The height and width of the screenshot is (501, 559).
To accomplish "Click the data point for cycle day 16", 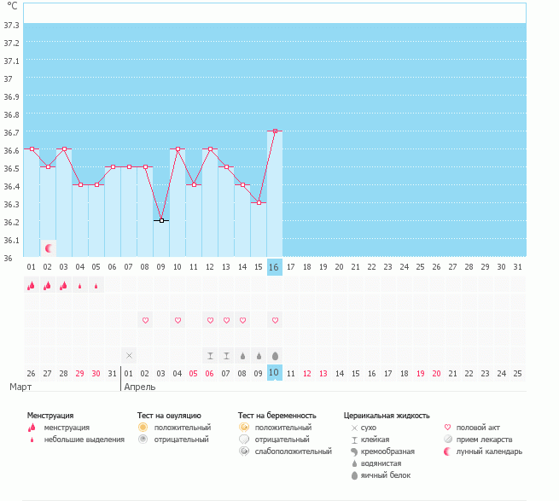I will tap(274, 131).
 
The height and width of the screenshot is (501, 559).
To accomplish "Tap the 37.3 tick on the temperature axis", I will tap(12, 26).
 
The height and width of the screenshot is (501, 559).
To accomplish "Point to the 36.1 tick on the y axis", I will tap(12, 240).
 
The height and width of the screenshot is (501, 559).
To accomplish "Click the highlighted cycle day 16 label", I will tap(274, 267).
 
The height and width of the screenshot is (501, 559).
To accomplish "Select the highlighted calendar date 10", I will tap(274, 373).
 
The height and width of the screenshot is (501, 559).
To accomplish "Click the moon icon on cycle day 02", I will tap(49, 248).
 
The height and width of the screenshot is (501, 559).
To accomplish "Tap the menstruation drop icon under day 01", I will tap(32, 286).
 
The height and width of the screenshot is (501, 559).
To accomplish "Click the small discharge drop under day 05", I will tap(96, 286).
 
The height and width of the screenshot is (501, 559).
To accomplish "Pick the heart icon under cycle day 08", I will tap(145, 320).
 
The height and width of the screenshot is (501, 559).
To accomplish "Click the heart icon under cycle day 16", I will tap(275, 320).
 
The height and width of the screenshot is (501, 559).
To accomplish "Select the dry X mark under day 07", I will tap(129, 355).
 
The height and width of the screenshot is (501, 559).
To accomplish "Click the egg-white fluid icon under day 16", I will tap(275, 355).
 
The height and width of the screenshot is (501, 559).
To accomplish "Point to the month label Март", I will tap(20, 387).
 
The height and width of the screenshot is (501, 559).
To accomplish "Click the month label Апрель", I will tap(140, 387).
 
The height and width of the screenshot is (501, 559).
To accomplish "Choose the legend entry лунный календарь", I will tap(489, 451).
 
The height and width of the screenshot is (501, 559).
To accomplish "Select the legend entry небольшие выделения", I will tap(84, 440).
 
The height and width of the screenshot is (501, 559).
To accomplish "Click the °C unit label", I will tap(12, 6).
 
